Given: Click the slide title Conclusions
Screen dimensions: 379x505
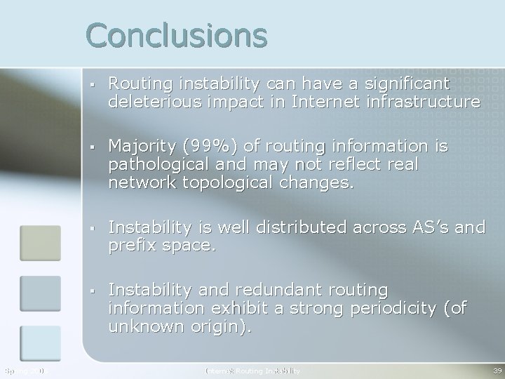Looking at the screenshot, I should tap(176, 35).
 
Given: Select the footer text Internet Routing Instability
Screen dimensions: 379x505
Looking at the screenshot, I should tap(252, 371).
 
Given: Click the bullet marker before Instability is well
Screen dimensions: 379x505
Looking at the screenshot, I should tap(93, 228).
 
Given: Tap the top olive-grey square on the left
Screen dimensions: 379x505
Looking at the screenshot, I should tap(40, 242).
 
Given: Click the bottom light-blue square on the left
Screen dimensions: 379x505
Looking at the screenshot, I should tap(40, 343).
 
